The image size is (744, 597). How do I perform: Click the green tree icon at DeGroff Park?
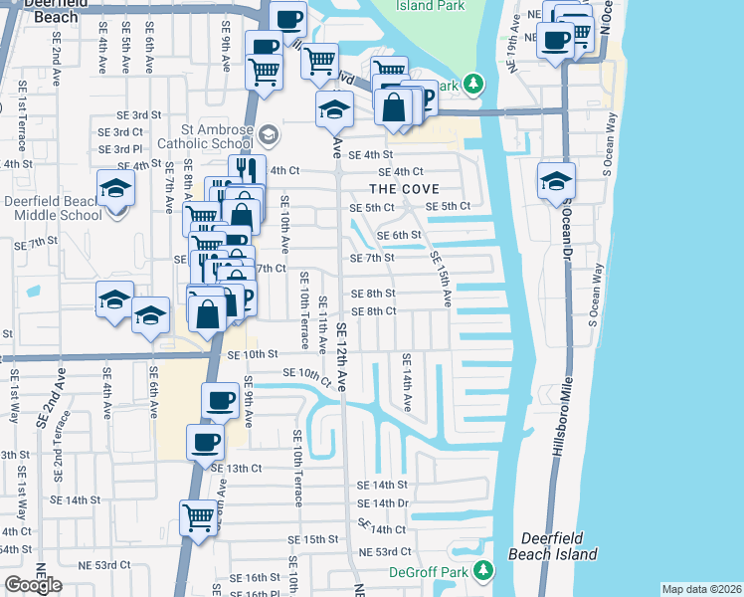[482, 570]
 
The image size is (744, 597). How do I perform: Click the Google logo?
[33, 585]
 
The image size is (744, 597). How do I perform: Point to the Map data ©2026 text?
[701, 589]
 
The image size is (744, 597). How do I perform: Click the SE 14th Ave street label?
[407, 382]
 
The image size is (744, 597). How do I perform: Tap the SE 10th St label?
[251, 354]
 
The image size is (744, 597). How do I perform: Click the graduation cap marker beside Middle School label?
[116, 188]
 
